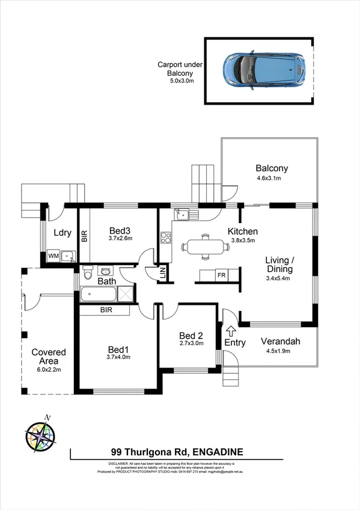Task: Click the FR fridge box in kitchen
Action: tap(221, 275)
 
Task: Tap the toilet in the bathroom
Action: tap(88, 274)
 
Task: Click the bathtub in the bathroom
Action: tap(99, 294)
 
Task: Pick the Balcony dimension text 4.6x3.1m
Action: tap(269, 179)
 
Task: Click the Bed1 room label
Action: tap(118, 349)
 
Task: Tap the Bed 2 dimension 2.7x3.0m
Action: tap(191, 344)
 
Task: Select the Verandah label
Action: tap(280, 342)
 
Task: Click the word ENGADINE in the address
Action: tap(217, 452)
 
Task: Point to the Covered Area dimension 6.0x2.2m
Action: tap(49, 370)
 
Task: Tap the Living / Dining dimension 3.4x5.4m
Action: tap(277, 278)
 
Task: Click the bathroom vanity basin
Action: tap(105, 272)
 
